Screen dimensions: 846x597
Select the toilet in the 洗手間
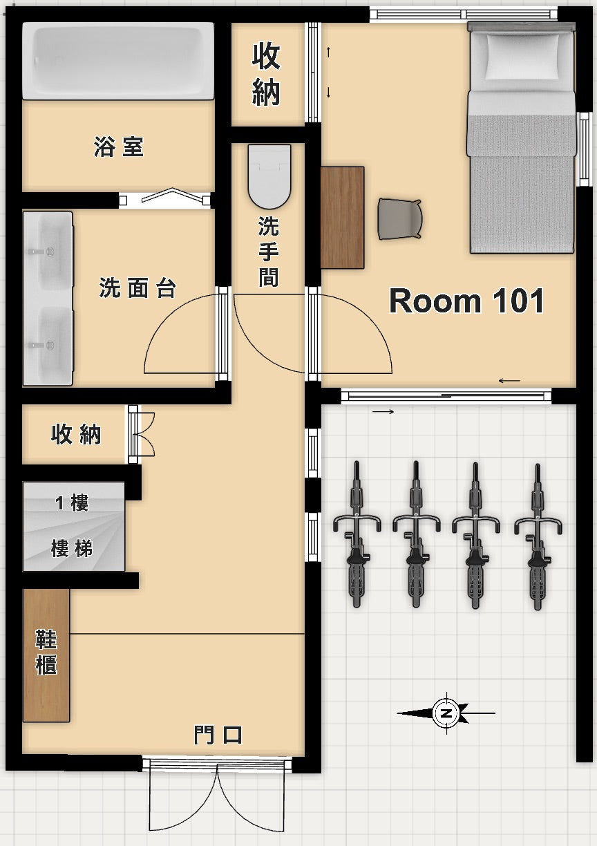269,176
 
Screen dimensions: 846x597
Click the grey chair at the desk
400,218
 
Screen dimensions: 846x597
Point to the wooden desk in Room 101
342,217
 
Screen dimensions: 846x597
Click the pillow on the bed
522,55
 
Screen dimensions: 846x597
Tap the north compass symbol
446,713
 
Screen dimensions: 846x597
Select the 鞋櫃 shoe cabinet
46,654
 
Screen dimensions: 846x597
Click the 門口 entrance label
218,735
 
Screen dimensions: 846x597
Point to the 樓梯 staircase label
72,549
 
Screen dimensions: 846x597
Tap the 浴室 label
119,147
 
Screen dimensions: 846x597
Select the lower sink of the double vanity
48,343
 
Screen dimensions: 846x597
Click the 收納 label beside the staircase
76,434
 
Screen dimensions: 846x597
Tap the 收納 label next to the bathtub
266,74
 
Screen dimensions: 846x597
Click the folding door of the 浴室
165,198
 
